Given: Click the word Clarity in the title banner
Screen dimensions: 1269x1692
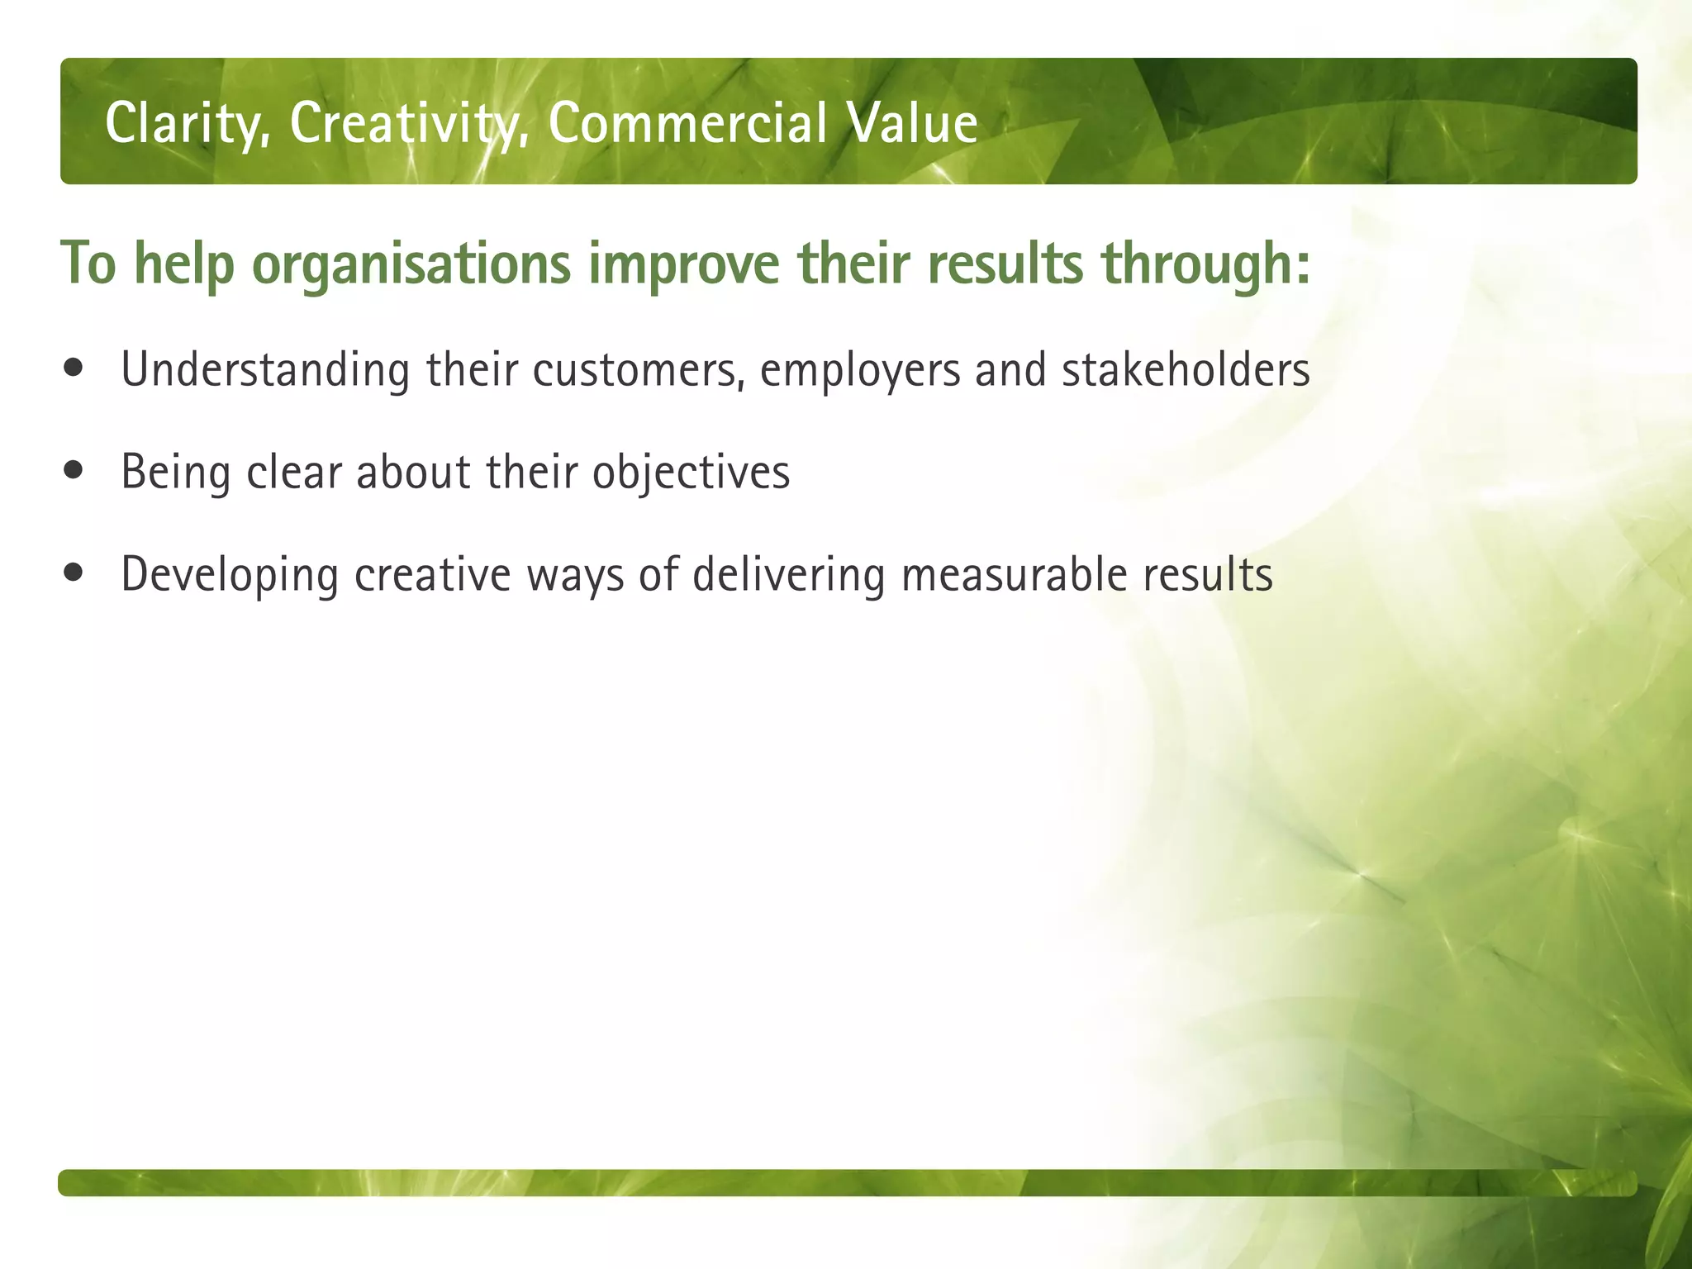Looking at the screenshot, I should click(187, 124).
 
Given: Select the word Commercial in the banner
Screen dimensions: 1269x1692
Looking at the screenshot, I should click(687, 124).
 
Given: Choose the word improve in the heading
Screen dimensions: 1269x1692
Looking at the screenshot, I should click(683, 264).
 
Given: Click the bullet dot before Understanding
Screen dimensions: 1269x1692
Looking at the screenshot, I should click(74, 368).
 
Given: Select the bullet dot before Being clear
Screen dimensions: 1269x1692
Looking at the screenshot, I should click(74, 471).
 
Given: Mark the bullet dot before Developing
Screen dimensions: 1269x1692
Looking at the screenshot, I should click(74, 573).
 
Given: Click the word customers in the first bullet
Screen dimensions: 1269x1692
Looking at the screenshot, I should click(638, 370).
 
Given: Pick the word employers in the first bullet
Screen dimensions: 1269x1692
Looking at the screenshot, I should click(860, 370).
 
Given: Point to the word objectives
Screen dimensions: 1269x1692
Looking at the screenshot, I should click(691, 473).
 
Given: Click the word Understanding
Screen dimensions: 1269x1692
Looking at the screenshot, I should click(265, 370).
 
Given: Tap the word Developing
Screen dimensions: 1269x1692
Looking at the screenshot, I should click(230, 575).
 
